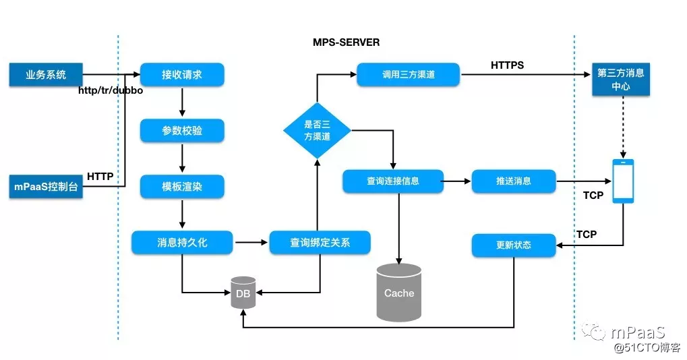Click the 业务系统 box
pos(45,75)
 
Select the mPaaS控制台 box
pos(45,187)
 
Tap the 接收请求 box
pos(182,75)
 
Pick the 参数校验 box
pos(182,131)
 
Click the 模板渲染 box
pos(182,187)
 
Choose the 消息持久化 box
pos(182,243)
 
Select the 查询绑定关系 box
pos(320,243)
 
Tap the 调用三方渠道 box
pos(408,75)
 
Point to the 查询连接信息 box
pos(393,181)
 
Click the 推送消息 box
pos(514,181)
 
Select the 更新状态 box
pos(514,245)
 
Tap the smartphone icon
pos(622,181)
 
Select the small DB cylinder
pos(243,292)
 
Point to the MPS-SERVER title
pos(346,42)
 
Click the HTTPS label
pos(507,65)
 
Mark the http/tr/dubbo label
pos(111,90)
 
